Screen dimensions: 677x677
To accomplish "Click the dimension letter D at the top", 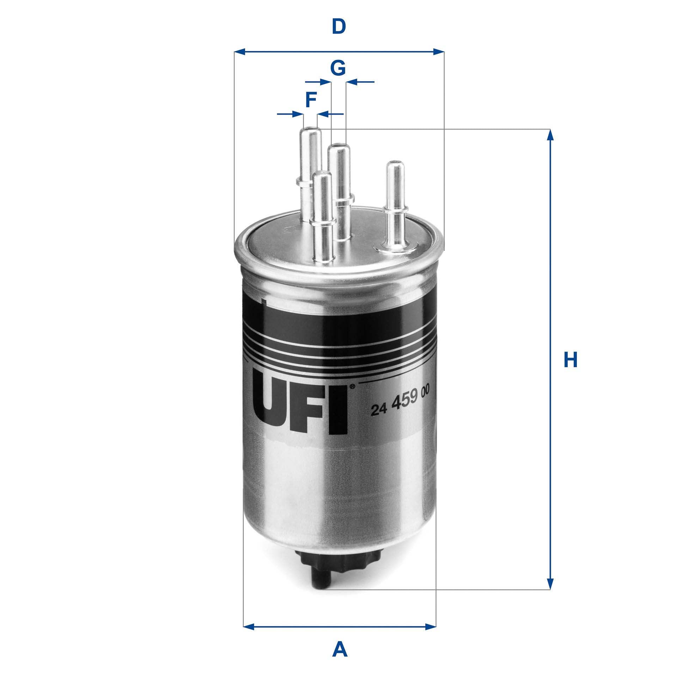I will (338, 27).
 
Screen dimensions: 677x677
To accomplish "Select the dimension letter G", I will (338, 68).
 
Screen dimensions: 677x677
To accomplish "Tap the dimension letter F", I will (310, 100).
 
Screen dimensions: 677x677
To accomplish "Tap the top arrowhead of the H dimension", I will (549, 135).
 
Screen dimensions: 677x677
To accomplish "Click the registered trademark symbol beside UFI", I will (353, 386).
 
